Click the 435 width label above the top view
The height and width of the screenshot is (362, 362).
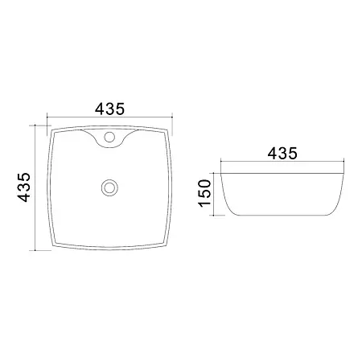tap(110, 109)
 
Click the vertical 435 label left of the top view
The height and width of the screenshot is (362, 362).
tap(24, 187)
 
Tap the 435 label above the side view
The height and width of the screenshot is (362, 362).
tap(282, 154)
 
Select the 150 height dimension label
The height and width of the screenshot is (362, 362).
tap(205, 193)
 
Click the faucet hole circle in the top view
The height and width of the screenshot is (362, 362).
tap(109, 137)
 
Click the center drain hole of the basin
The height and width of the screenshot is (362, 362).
tap(109, 187)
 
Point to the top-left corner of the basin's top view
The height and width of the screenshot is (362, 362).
tap(51, 130)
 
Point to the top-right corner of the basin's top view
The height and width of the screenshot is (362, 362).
tap(168, 130)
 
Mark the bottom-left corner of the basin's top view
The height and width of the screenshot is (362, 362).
tap(53, 245)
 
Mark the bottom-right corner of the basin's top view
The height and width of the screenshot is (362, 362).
tap(167, 245)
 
